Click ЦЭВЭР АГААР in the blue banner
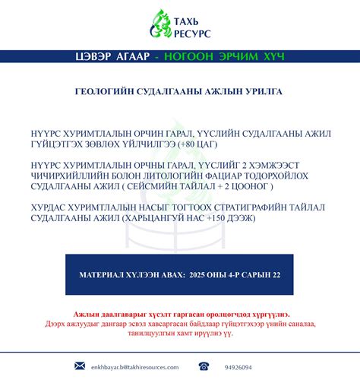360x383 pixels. [x=121, y=57]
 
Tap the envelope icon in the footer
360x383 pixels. [x=79, y=366]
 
